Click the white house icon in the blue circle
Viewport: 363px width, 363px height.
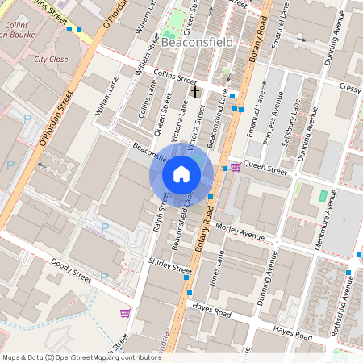click(181, 173)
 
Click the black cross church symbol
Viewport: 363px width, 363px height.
click(194, 93)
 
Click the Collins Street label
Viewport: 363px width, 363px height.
click(175, 80)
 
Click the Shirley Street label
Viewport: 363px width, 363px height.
click(170, 265)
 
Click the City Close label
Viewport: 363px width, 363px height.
click(51, 59)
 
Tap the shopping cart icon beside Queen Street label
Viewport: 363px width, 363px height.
click(235, 167)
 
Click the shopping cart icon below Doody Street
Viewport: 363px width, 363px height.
click(125, 312)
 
